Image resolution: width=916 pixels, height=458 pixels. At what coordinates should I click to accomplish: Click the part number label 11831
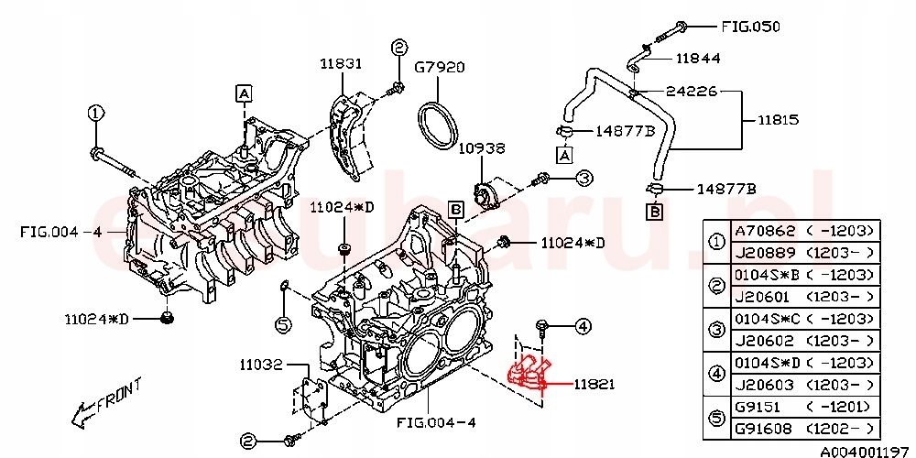(341, 64)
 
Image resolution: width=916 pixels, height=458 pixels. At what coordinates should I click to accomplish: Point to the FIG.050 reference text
(749, 27)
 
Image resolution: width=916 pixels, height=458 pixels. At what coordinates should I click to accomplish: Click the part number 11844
(698, 58)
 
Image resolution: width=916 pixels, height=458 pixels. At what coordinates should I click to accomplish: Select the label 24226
(692, 92)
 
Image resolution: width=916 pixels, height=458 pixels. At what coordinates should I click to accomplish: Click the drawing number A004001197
(859, 451)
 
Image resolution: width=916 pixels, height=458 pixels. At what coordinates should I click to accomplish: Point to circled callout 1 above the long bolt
(96, 113)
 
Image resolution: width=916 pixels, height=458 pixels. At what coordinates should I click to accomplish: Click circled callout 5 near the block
(283, 323)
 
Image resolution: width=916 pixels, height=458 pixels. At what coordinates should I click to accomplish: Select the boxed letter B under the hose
(655, 213)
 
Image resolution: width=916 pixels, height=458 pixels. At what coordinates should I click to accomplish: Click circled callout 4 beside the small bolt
(583, 325)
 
